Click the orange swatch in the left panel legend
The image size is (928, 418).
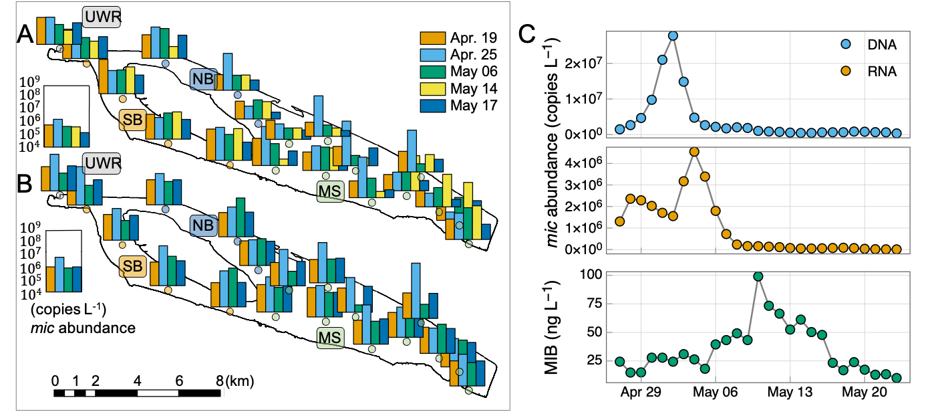432,38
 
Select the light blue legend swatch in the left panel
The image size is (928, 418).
432,55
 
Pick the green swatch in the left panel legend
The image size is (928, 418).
432,72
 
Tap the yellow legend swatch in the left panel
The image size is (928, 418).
432,89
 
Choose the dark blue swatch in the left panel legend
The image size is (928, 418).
432,106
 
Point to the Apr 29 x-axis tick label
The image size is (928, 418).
641,393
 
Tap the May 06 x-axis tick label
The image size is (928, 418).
715,393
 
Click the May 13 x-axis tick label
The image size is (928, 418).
790,393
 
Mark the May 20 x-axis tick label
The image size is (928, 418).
865,393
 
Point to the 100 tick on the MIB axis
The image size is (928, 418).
591,274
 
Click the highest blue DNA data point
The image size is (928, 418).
673,35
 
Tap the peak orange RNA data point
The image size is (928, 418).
694,152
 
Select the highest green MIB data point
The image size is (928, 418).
758,276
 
